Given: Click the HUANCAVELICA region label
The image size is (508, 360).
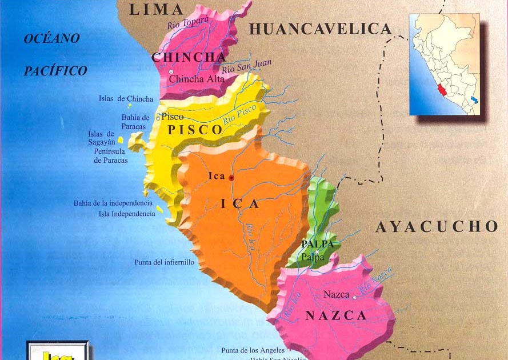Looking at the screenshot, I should (x=320, y=29).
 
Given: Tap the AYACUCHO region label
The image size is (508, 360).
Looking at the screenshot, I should (x=437, y=226).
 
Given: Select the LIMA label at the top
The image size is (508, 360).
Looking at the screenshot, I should (x=156, y=9).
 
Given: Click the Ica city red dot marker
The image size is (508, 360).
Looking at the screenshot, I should (x=231, y=178).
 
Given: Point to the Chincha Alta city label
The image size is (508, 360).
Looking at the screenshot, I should (x=197, y=79).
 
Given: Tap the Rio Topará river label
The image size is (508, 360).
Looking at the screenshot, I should (x=188, y=21).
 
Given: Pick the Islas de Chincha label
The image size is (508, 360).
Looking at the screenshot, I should (x=126, y=99).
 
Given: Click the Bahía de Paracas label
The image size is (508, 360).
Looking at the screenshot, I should (x=135, y=122).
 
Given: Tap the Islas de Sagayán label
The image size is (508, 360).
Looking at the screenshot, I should (x=102, y=138).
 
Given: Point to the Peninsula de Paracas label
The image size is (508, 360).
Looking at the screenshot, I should (x=111, y=156).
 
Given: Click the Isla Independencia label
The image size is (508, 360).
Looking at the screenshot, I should (x=126, y=214).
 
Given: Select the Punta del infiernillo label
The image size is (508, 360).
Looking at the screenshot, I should (x=165, y=262).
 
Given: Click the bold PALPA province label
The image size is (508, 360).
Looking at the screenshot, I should (x=317, y=244).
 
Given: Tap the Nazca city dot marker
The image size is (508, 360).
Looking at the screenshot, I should (x=354, y=297).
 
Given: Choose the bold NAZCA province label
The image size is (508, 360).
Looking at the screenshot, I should (x=335, y=315).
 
